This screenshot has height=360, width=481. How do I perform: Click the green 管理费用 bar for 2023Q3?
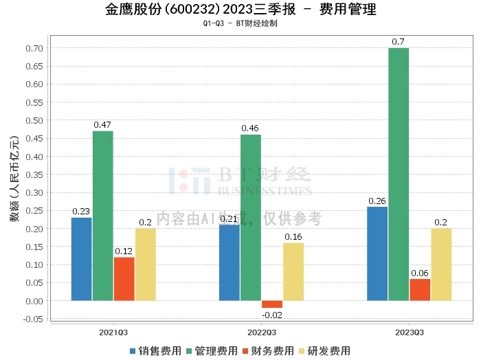click(x=399, y=175)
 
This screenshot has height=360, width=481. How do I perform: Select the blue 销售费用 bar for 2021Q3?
click(x=81, y=259)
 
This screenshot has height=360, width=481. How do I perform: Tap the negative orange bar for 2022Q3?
click(x=272, y=304)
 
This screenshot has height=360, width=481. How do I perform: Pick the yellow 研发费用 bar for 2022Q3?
click(x=293, y=271)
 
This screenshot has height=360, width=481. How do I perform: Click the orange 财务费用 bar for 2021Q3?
click(x=124, y=279)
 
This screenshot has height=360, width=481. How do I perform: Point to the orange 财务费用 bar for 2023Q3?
click(x=420, y=289)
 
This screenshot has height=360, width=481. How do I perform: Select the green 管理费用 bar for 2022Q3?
click(x=251, y=218)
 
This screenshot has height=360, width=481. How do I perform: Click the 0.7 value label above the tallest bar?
click(x=398, y=42)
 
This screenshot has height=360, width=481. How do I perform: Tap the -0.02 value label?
click(x=272, y=314)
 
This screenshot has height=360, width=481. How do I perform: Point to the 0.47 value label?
click(x=102, y=125)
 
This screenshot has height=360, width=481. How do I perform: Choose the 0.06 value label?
click(x=420, y=273)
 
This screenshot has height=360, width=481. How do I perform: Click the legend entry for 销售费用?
click(x=156, y=351)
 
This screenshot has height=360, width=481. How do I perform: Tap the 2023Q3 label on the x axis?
click(x=409, y=332)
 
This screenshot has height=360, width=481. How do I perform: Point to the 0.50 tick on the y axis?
click(x=34, y=120)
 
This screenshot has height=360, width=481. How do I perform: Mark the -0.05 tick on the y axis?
click(x=32, y=319)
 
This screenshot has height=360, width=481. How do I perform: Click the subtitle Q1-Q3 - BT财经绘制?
click(x=240, y=23)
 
